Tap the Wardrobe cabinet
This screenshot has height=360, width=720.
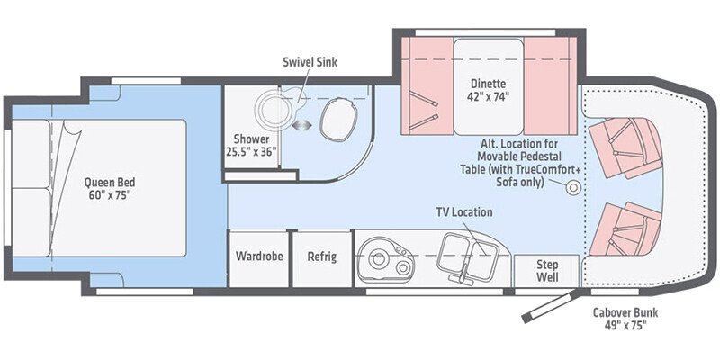[259, 256]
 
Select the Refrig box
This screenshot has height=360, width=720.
[321, 256]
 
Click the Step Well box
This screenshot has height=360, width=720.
[547, 270]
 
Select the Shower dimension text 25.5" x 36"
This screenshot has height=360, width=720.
[252, 146]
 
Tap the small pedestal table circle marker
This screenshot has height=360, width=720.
[571, 187]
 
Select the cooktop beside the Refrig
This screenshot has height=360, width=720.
[384, 256]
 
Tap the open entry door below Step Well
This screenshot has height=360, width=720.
[549, 305]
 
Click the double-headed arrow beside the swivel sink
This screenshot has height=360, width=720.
[301, 125]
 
